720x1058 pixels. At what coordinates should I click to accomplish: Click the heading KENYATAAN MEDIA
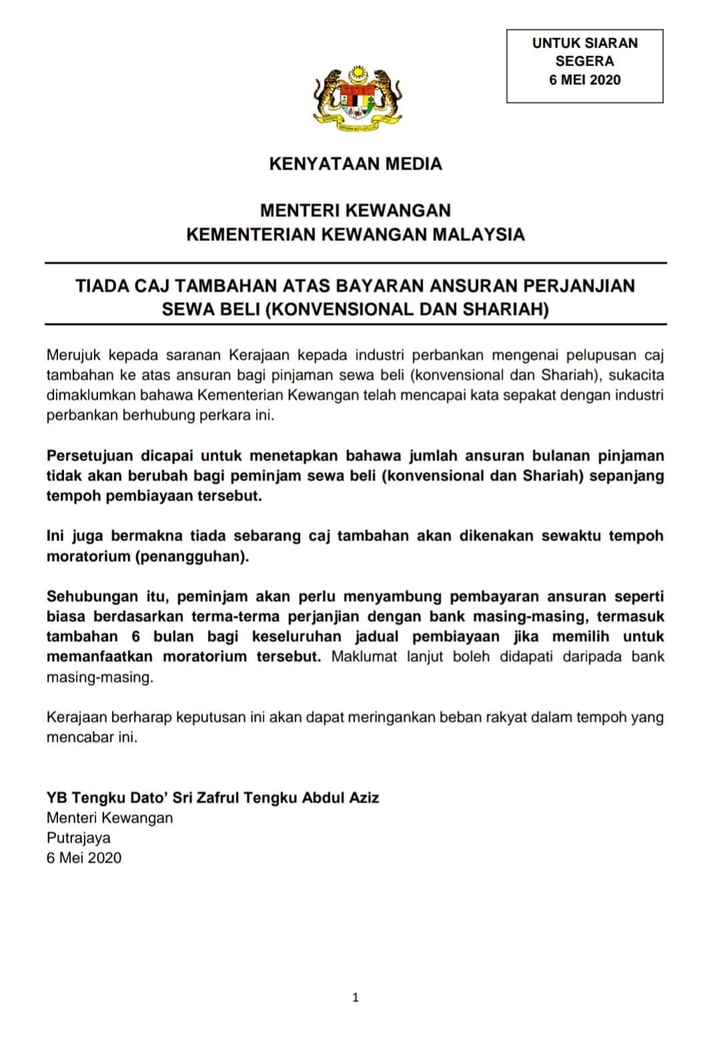click(355, 164)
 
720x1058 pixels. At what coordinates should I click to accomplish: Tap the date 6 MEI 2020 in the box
click(585, 80)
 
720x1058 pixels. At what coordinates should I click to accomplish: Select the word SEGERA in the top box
click(585, 61)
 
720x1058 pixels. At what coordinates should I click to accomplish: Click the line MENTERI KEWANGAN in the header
click(355, 211)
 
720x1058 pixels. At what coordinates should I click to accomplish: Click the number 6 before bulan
click(135, 637)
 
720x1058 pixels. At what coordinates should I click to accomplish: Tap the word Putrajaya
click(79, 838)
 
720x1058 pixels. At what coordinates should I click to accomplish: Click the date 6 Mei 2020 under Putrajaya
click(84, 858)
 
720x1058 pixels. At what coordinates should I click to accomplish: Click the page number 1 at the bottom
click(355, 998)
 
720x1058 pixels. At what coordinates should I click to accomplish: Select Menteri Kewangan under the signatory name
click(110, 818)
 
